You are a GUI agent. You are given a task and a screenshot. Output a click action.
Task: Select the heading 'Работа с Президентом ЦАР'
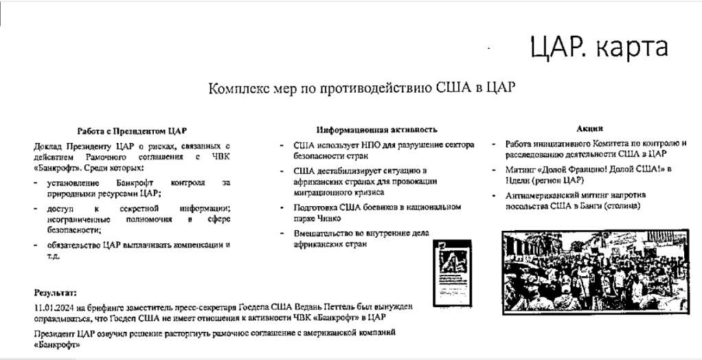(x=131, y=131)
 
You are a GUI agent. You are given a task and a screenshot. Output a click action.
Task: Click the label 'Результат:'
(x=56, y=293)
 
